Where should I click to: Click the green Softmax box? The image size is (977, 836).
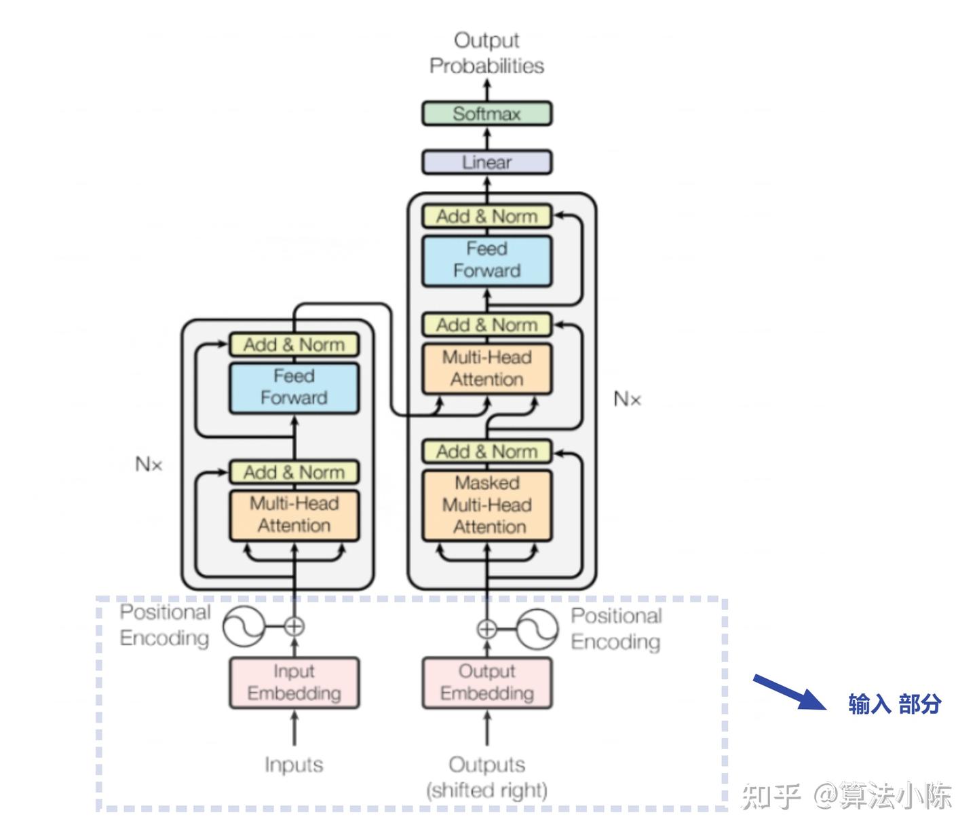click(x=486, y=113)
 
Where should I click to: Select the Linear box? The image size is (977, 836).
click(x=486, y=162)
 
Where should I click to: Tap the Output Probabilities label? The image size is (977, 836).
click(x=486, y=53)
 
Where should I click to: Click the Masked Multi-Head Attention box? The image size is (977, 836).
click(x=486, y=505)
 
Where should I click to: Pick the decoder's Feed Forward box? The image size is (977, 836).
click(x=486, y=260)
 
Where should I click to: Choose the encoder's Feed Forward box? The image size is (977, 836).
click(x=294, y=387)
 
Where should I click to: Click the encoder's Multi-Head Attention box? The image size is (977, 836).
click(x=294, y=515)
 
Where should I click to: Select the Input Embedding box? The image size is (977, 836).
click(x=294, y=683)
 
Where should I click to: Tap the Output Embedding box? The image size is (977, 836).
click(x=486, y=683)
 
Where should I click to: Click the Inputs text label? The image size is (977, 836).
click(x=294, y=765)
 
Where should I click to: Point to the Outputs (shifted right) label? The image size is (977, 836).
click(x=486, y=777)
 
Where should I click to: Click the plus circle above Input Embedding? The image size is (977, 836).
click(x=294, y=626)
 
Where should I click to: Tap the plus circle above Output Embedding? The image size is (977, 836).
click(x=486, y=629)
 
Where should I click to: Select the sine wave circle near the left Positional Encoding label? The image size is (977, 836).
click(x=244, y=626)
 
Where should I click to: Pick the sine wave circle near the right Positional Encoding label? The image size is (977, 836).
click(x=537, y=630)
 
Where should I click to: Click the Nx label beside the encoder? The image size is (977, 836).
click(x=149, y=465)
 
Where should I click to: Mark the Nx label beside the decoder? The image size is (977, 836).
click(x=627, y=399)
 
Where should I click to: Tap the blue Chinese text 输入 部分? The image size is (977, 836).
click(x=894, y=704)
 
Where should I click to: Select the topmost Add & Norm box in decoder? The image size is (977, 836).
click(x=486, y=217)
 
